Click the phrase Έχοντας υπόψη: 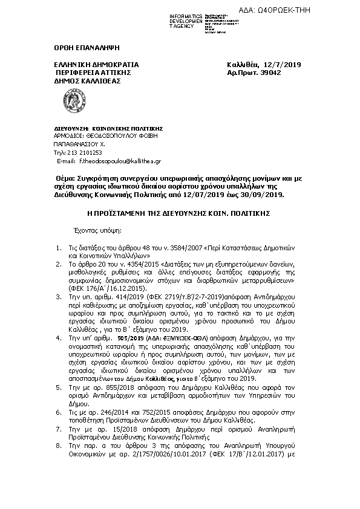pyautogui.click(x=97, y=230)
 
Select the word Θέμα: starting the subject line pyautogui.click(x=66, y=180)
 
